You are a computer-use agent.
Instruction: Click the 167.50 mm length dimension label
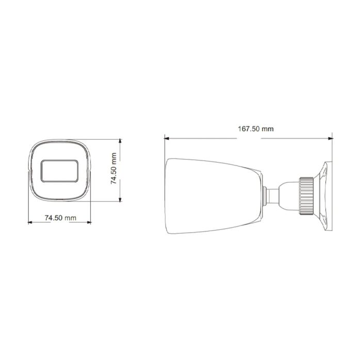(x=255, y=129)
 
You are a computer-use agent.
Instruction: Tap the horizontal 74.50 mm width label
(x=60, y=218)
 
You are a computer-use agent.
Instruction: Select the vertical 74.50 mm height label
(x=114, y=170)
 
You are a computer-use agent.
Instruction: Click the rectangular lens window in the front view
(x=60, y=171)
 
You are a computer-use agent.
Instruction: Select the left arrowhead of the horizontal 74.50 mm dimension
(x=29, y=223)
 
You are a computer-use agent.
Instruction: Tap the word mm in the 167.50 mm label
(x=268, y=129)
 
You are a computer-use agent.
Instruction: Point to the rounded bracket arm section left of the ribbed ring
(x=287, y=195)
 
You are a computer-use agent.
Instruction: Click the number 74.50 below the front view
(x=54, y=218)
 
